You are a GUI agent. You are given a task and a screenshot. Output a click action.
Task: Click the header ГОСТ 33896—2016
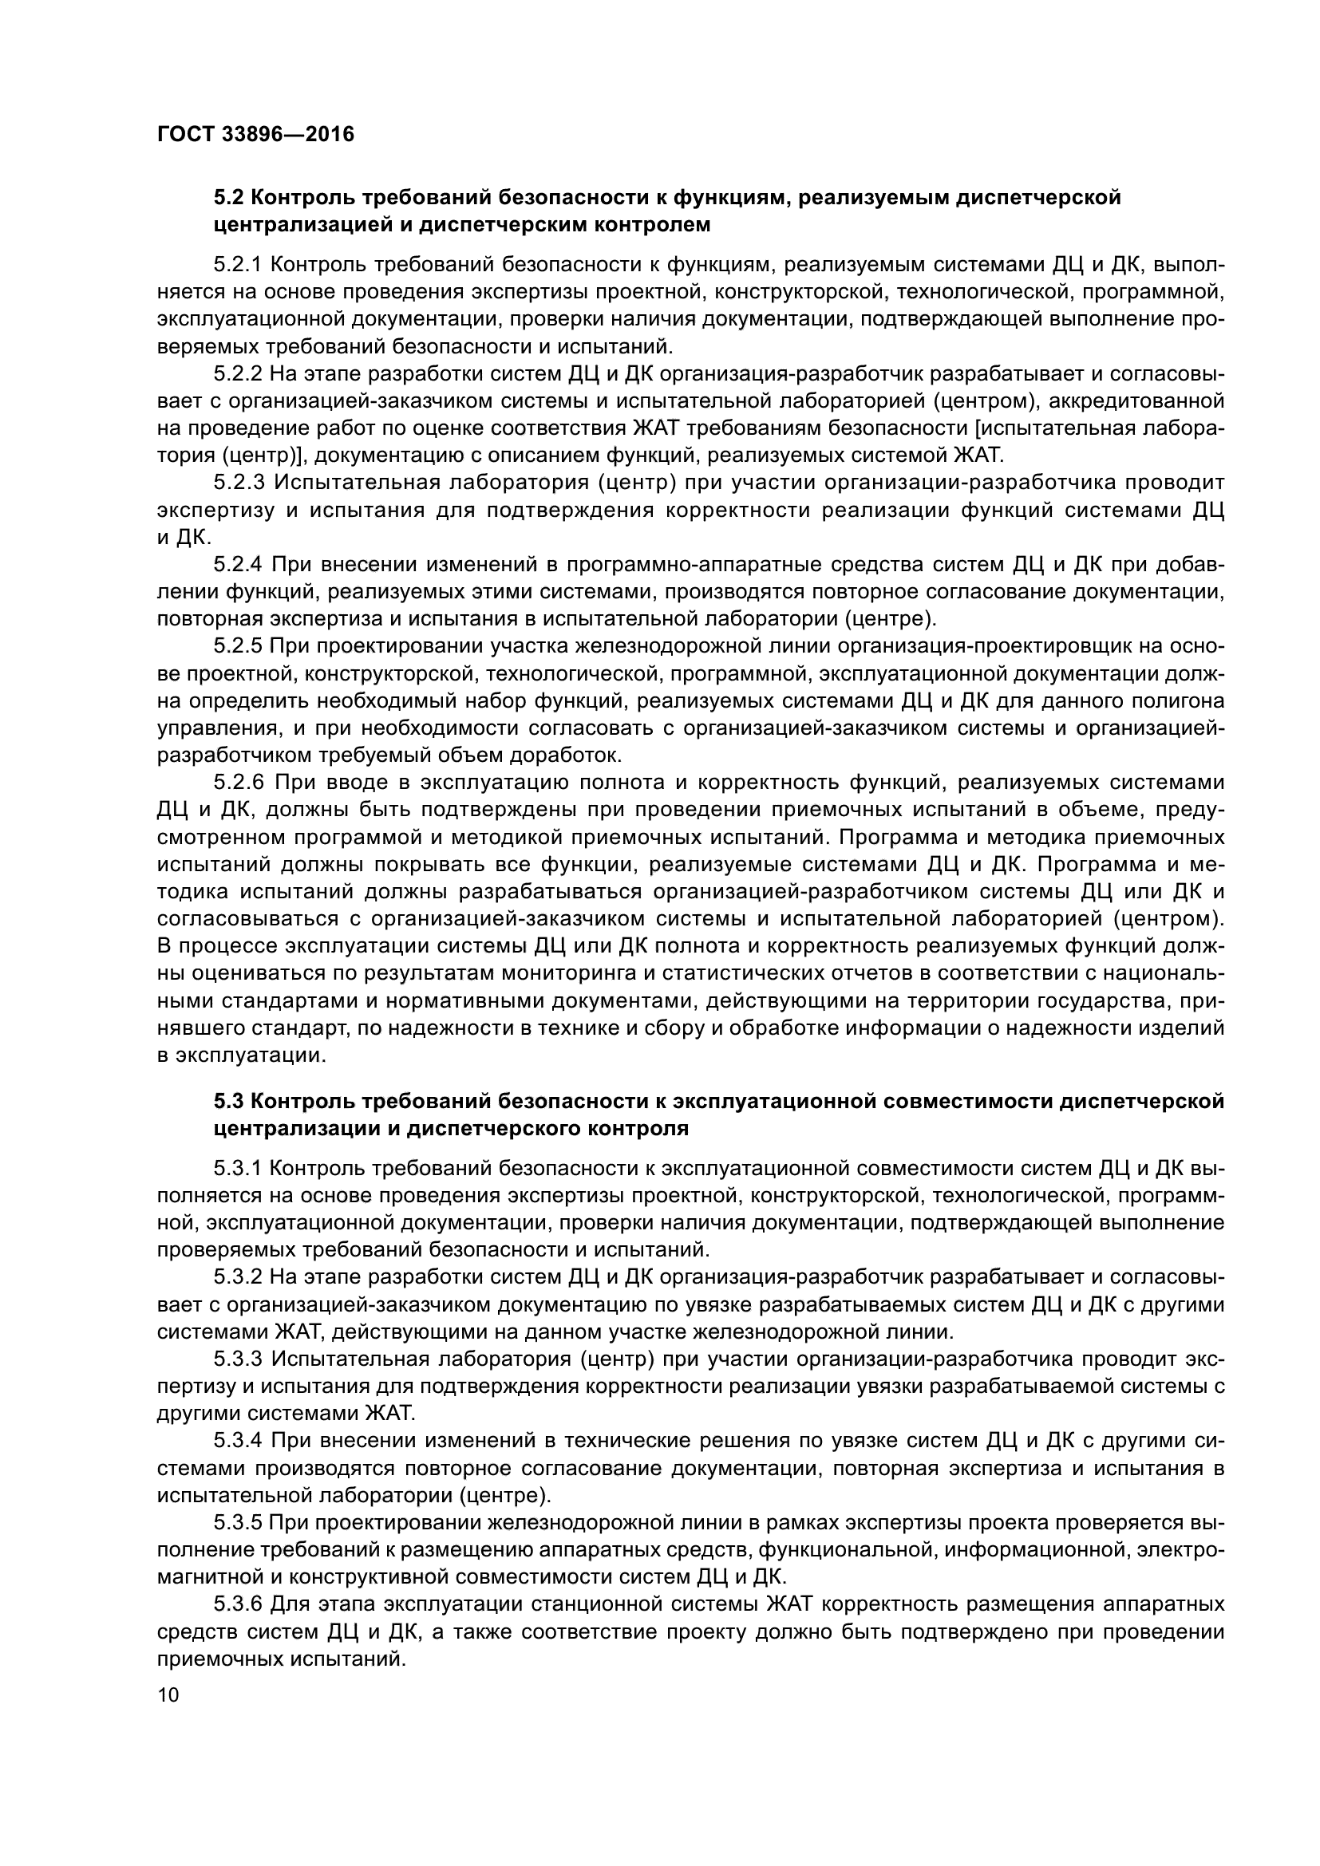(x=256, y=134)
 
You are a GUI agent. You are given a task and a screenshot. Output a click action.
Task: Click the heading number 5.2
(x=228, y=198)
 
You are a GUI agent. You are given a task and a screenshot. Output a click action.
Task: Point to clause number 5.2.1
(x=238, y=264)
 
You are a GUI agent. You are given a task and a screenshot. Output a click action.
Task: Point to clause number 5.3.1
(x=238, y=1168)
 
